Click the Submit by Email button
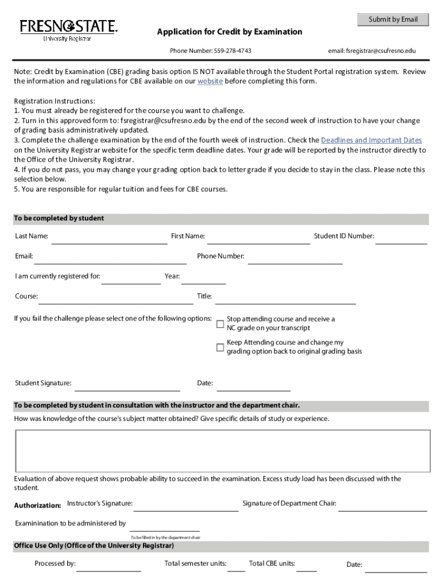click(393, 20)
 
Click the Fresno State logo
click(68, 30)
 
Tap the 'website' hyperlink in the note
click(210, 82)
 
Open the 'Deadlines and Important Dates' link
click(371, 140)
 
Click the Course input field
click(115, 299)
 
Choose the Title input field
click(285, 299)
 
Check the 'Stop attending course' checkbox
click(220, 324)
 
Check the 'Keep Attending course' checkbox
click(220, 347)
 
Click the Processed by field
click(108, 566)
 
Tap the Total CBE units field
click(307, 566)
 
